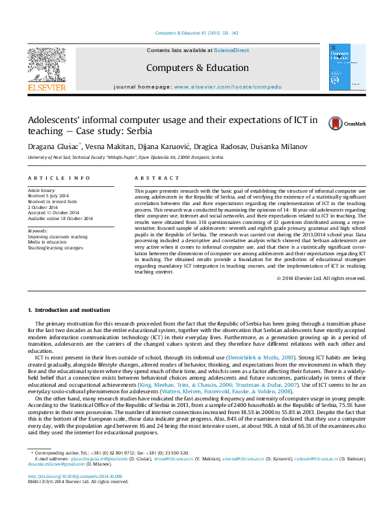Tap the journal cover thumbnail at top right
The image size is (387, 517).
[x=343, y=66]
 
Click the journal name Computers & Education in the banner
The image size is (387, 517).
[x=197, y=68]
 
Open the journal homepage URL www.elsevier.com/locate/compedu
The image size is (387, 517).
[x=228, y=87]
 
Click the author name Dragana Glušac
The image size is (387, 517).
[x=46, y=147]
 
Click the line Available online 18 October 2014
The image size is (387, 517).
[x=60, y=218]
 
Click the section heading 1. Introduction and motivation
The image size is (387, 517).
[x=69, y=309]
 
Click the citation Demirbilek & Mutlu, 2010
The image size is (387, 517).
[x=263, y=357]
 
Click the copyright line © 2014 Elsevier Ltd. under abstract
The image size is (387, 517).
[x=321, y=296]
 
